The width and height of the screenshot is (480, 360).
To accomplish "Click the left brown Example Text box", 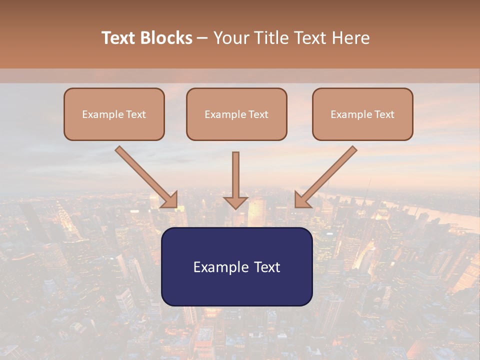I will (114, 114).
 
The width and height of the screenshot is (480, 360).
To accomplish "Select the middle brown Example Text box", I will (236, 114).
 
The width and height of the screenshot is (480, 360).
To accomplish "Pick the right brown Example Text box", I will (362, 114).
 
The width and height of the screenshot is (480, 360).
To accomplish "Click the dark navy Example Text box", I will (236, 267).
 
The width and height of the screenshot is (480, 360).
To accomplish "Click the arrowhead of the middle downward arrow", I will (235, 202).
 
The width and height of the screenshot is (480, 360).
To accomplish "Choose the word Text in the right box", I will (384, 114).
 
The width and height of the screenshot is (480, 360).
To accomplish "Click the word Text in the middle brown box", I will (258, 114).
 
